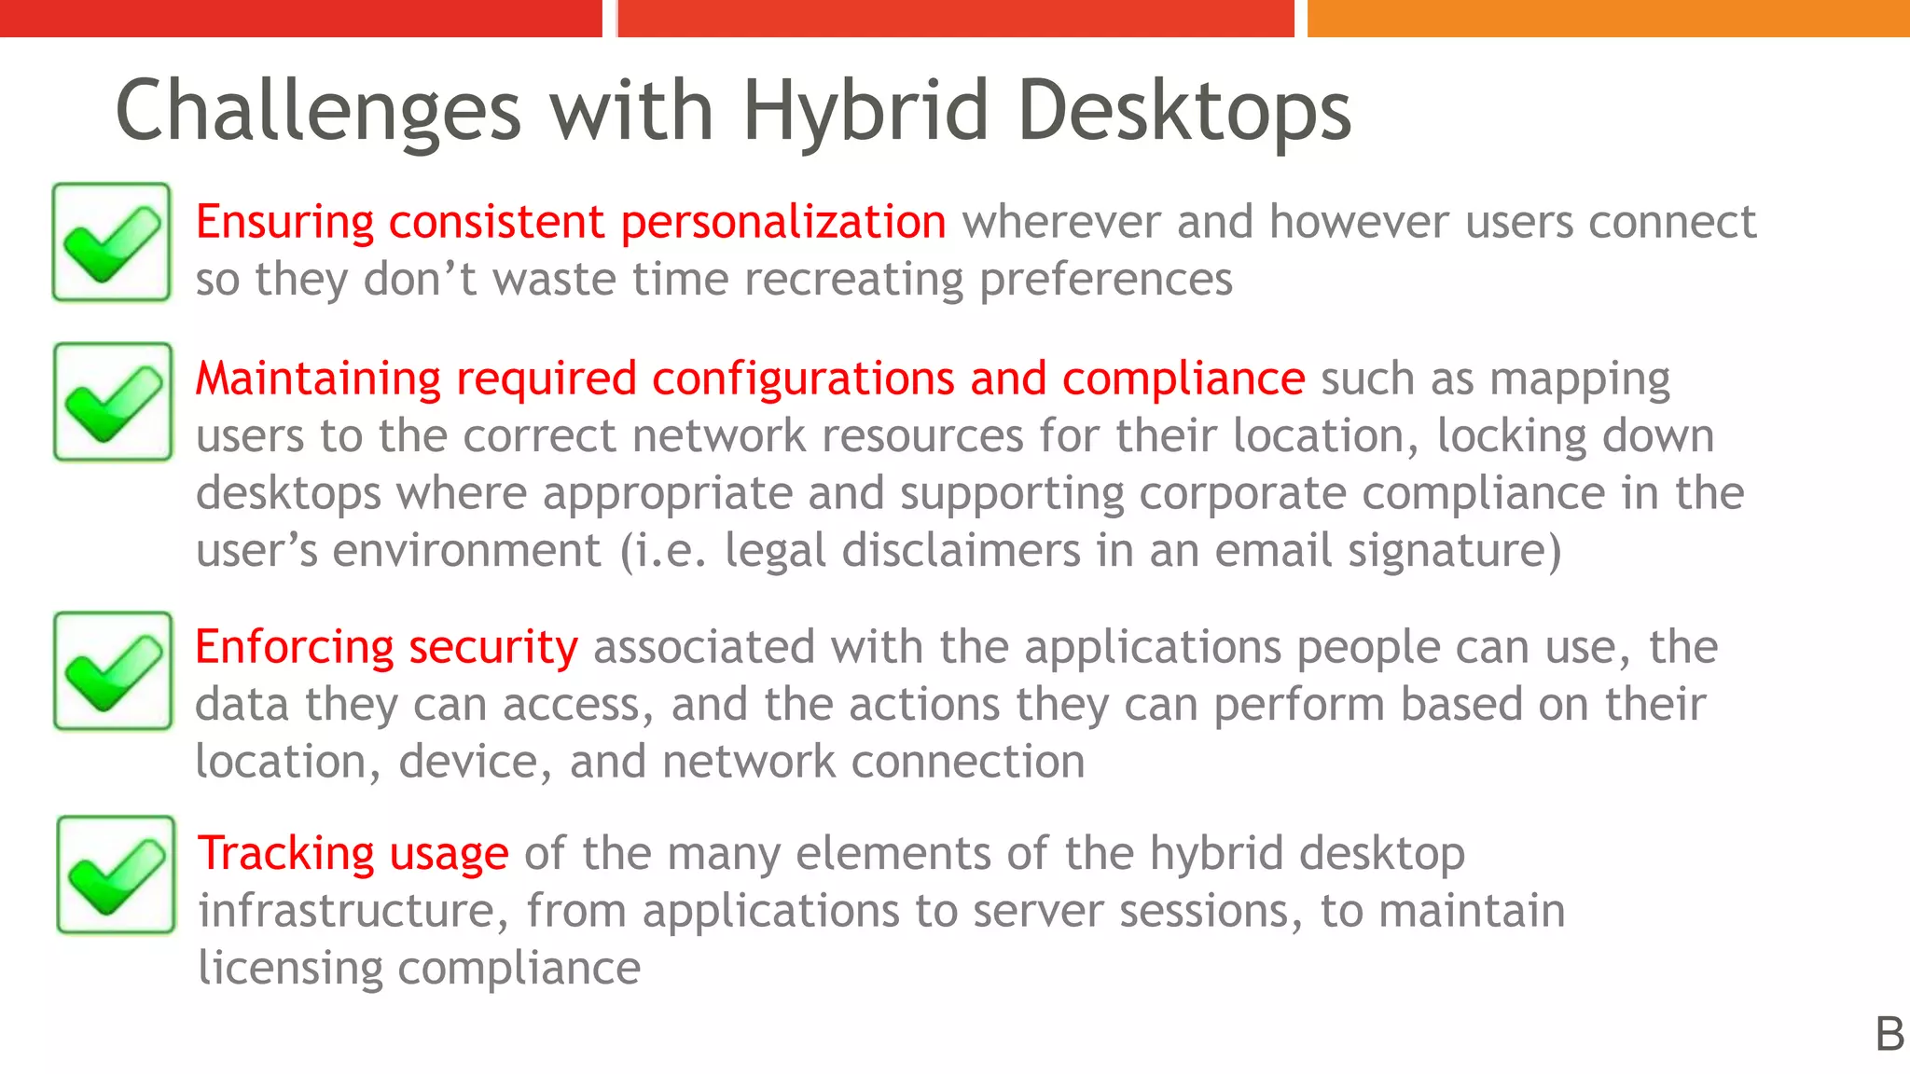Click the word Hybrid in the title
coord(865,112)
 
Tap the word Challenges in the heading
coord(317,112)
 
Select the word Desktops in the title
coord(1183,112)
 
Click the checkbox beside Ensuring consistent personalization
coord(111,242)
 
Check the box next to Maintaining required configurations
coord(113,402)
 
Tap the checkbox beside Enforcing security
coord(113,670)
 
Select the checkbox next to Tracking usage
coord(116,874)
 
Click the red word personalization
coord(783,223)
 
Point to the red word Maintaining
coord(318,379)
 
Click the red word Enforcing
coord(295,648)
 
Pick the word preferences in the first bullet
coord(1106,280)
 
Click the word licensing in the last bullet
coord(290,969)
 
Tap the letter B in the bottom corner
coord(1889,1035)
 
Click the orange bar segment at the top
coord(1608,18)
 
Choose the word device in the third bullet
coord(469,762)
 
